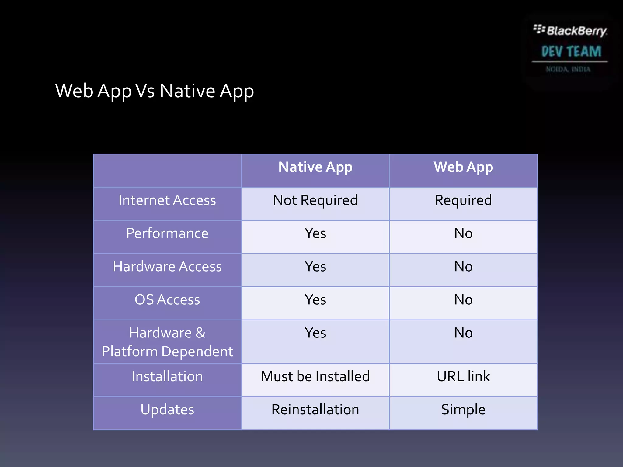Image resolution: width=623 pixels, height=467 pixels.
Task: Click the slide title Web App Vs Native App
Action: pos(155,91)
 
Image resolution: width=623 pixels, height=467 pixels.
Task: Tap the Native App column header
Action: pos(315,167)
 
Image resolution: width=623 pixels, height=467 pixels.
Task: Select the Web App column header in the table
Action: pos(463,167)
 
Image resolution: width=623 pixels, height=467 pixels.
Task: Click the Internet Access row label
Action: pos(167,200)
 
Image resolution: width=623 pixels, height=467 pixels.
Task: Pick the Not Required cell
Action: pos(315,200)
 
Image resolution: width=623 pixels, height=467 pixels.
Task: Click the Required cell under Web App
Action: pos(463,200)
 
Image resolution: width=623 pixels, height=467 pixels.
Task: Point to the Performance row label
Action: pos(167,233)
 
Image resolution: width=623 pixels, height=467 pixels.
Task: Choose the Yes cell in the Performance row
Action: pos(315,233)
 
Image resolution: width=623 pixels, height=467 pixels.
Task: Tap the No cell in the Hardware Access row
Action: pos(463,267)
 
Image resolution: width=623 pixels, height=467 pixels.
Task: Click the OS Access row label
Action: pos(167,300)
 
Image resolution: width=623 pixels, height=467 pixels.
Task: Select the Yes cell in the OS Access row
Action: pos(315,300)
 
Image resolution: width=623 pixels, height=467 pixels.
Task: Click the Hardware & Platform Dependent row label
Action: pos(167,342)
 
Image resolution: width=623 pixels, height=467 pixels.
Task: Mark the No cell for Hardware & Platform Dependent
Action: pos(463,333)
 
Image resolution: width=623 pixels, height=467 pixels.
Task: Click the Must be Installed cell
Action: pos(315,376)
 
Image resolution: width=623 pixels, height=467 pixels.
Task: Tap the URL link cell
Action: pos(463,376)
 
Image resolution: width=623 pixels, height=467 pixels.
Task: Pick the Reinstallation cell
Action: pos(315,410)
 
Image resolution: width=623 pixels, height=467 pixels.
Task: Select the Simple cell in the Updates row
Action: pos(463,410)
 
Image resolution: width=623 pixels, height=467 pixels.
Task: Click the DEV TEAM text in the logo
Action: pos(571,51)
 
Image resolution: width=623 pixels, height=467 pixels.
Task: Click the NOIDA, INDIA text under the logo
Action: pos(568,69)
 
